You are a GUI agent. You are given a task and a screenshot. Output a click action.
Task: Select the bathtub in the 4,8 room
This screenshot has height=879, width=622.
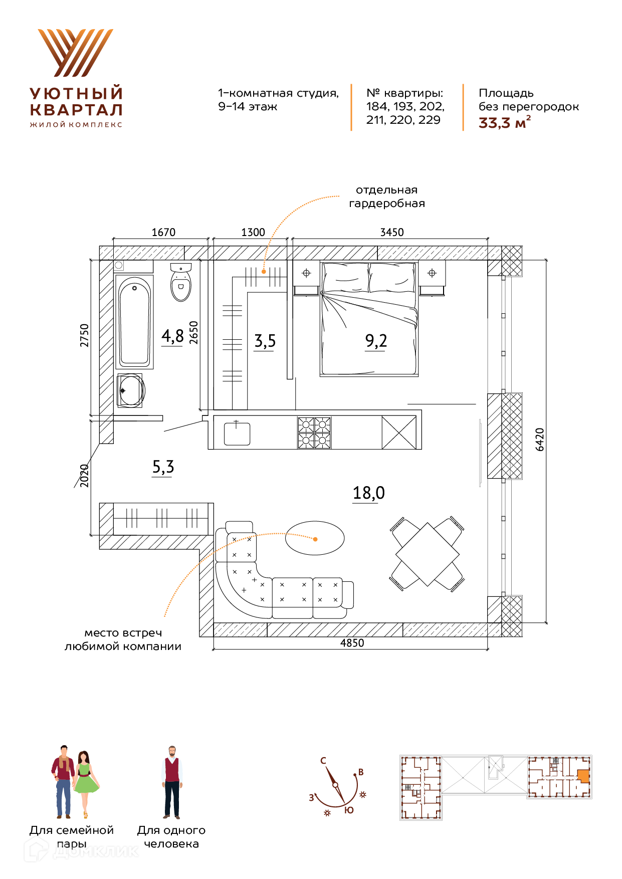click(134, 322)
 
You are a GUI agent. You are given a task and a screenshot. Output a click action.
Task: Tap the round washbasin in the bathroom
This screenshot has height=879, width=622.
click(131, 389)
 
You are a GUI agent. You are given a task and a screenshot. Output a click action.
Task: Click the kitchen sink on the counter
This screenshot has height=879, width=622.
click(237, 433)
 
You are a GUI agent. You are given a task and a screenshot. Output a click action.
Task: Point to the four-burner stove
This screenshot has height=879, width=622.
click(314, 432)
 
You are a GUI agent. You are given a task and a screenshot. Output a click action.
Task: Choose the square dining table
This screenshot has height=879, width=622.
click(428, 554)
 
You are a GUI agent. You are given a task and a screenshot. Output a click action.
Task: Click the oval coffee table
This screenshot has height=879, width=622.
click(315, 538)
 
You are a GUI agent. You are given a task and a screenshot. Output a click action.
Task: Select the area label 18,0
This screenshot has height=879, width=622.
click(369, 493)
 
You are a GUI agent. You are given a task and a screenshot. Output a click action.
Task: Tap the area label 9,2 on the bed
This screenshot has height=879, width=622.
click(376, 341)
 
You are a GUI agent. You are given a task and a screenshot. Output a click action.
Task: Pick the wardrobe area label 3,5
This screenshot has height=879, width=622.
click(265, 341)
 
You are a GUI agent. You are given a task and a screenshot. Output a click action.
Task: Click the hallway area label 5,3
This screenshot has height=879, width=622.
click(163, 467)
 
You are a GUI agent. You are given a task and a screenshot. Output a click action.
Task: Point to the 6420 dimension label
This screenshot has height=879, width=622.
click(540, 439)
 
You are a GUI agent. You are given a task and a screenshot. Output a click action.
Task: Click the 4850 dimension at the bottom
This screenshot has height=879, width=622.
click(352, 643)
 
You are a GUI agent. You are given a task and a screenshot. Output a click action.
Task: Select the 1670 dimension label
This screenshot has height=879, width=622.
click(164, 232)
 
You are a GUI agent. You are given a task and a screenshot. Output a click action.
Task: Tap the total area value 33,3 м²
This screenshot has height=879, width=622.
click(505, 123)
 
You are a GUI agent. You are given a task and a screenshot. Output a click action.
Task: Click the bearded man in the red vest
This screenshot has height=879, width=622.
click(172, 782)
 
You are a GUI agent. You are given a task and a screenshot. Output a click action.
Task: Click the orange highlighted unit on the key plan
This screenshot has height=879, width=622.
click(583, 776)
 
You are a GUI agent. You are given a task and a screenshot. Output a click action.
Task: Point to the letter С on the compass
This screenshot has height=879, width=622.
click(323, 761)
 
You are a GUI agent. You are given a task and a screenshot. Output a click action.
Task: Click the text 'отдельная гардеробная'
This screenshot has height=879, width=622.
click(387, 196)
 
